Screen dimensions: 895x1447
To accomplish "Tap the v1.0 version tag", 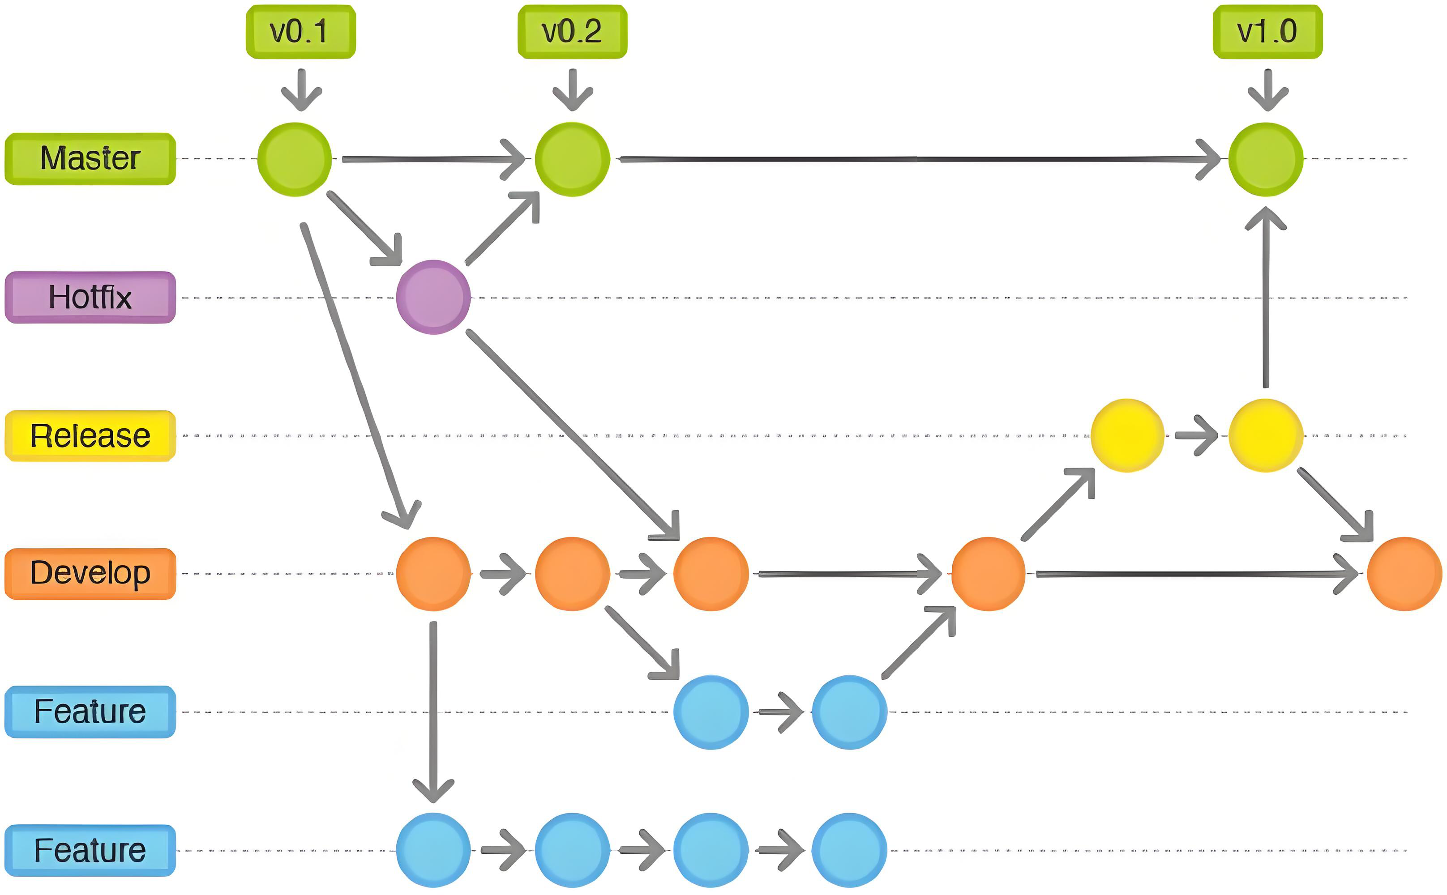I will point(1267,32).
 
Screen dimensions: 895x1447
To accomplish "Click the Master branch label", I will point(90,158).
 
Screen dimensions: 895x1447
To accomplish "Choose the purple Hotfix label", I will point(90,297).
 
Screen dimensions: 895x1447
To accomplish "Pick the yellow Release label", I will point(90,436).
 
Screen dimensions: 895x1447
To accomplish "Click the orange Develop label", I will point(90,574).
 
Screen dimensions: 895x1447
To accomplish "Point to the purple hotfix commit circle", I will point(433,297).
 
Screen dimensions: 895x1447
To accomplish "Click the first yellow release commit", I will point(1127,436).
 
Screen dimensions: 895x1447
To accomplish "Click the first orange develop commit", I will point(433,574).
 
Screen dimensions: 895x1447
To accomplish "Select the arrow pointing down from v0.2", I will point(573,89).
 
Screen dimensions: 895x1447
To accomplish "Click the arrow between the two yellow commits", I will point(1196,436).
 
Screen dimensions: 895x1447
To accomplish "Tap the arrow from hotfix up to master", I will point(503,227).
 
